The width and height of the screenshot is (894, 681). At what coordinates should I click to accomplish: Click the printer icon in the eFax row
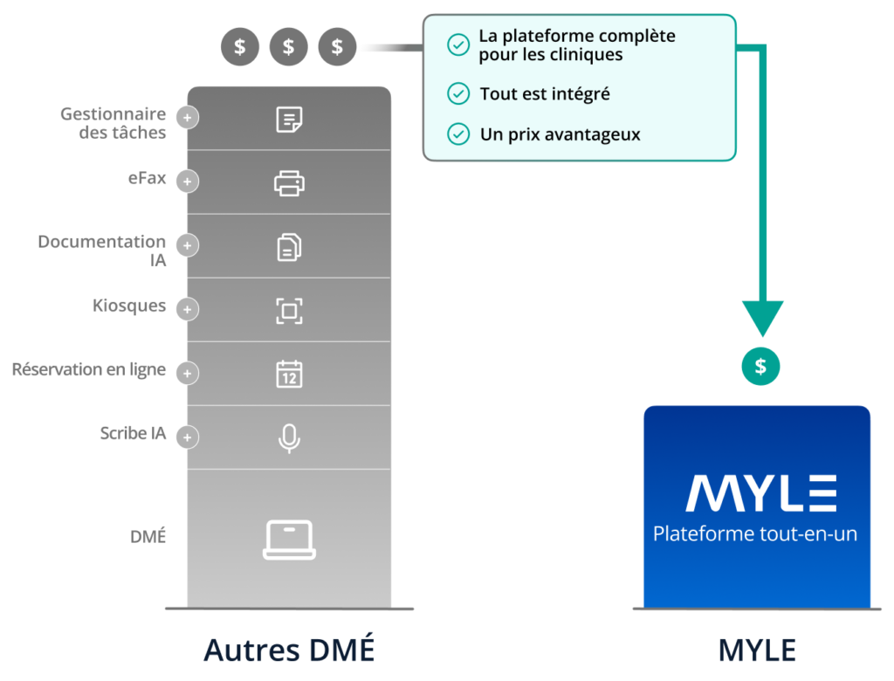point(289,183)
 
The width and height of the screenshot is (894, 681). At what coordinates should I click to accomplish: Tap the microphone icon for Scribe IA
point(289,438)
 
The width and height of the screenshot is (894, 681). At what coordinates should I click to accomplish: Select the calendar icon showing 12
point(289,375)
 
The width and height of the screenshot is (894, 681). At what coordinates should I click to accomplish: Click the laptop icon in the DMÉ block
point(289,540)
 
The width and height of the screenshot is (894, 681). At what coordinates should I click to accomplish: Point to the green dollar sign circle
point(760,366)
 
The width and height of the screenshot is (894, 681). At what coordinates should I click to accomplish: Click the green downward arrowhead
point(762,317)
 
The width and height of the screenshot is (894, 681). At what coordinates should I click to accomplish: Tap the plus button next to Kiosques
point(187,309)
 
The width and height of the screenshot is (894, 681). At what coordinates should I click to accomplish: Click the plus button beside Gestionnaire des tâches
point(187,118)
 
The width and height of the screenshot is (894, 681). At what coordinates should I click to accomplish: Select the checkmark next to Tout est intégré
point(458,93)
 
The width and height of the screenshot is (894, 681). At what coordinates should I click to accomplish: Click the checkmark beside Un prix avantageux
point(458,134)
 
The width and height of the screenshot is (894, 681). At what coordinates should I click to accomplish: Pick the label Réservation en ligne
point(89,369)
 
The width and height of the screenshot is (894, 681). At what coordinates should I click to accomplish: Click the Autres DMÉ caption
point(289,650)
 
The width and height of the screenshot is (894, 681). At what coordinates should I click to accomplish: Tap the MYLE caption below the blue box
point(757,650)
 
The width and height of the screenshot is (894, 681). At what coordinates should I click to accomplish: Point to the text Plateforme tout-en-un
point(755,533)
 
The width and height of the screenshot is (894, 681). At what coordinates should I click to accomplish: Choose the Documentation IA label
point(102,251)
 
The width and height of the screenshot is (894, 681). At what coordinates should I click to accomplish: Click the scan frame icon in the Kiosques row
point(289,311)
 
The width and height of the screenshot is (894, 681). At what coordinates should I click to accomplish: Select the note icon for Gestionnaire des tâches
point(289,120)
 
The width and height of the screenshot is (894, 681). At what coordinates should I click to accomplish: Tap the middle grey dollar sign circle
point(288,46)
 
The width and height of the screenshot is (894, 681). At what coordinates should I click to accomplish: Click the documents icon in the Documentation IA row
point(289,247)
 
